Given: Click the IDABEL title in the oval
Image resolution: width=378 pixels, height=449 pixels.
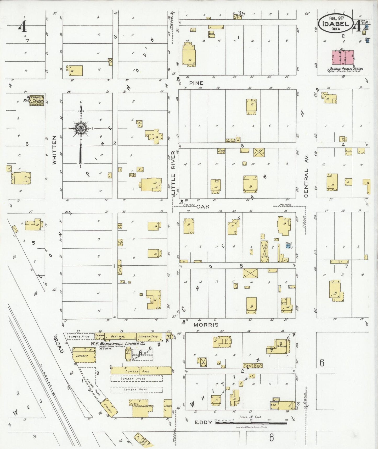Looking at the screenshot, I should point(336,24).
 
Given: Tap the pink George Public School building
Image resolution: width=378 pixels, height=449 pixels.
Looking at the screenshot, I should point(343,57).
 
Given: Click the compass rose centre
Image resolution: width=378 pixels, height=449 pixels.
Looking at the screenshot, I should point(81,129).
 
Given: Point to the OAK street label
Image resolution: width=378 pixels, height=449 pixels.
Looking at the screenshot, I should point(203,207).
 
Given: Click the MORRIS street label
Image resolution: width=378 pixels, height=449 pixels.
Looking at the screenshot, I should point(206,325).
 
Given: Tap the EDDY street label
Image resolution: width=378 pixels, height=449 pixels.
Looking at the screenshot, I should point(203,422).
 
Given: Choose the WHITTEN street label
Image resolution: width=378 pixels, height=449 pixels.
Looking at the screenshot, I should point(54,150).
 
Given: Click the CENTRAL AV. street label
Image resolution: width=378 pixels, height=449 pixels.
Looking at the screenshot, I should point(306,183).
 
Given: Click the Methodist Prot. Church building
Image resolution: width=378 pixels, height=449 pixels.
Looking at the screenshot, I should point(36,100).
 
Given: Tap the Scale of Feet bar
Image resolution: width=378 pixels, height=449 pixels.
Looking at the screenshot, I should point(251,423).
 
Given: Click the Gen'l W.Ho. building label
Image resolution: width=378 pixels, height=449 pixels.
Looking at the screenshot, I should point(121,336).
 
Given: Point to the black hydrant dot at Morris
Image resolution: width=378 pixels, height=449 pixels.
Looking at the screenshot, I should point(184,321).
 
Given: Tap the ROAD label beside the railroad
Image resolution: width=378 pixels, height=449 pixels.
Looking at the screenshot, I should point(59,346).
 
